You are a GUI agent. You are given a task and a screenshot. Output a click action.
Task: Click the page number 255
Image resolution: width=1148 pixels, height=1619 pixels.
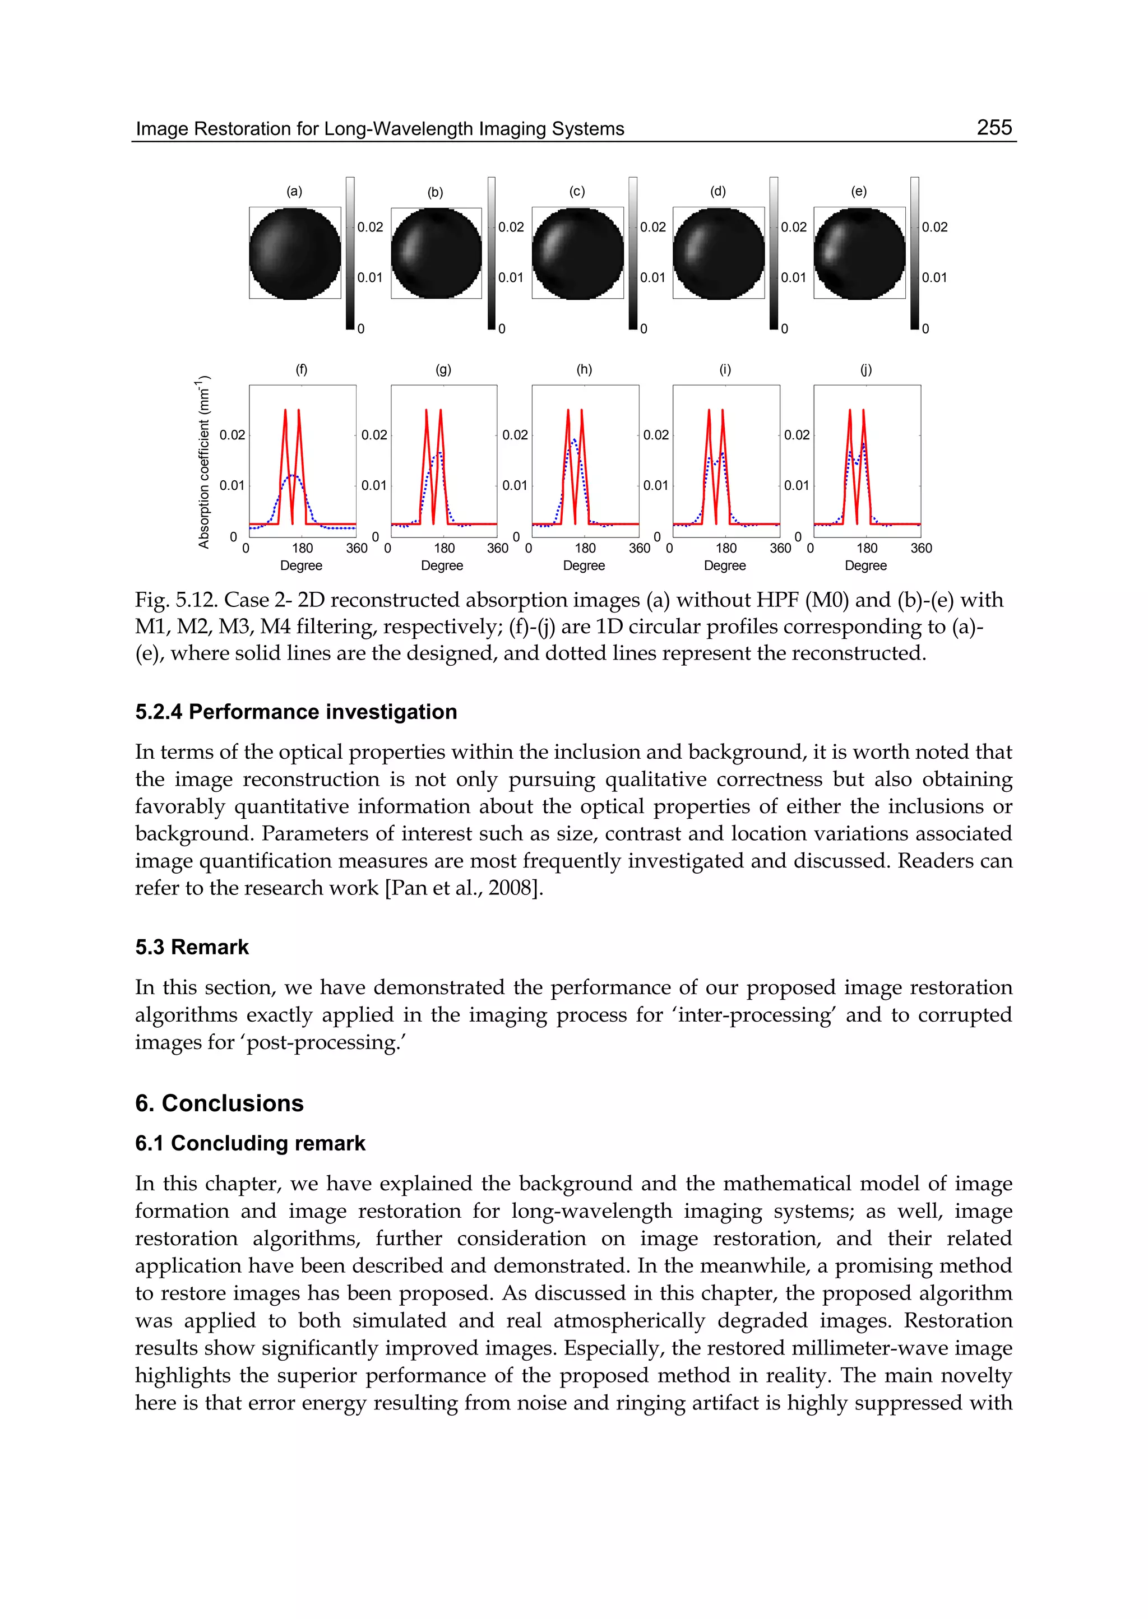coord(994,127)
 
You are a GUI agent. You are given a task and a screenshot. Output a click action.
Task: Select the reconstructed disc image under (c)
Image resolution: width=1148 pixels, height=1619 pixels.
coord(577,253)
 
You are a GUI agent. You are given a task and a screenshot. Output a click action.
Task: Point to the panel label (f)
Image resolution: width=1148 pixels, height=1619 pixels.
coord(302,370)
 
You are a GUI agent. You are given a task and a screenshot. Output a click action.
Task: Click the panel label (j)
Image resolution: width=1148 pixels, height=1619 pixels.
coord(866,370)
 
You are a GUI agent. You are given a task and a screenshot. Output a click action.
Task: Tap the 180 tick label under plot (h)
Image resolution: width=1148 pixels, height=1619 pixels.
coord(585,549)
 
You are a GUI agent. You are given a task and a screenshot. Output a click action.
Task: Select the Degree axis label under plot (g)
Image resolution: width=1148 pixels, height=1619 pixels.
coord(442,566)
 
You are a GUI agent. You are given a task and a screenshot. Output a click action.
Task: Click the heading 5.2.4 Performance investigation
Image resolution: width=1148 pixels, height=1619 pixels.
coord(296,712)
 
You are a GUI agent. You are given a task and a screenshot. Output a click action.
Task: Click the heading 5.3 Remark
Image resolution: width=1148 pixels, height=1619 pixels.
coord(192,947)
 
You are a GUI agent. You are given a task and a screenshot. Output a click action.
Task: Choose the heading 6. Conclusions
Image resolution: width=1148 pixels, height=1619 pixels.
coord(219,1103)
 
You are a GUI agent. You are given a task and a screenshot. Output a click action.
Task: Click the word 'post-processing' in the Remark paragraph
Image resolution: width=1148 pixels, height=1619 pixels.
coord(325,1042)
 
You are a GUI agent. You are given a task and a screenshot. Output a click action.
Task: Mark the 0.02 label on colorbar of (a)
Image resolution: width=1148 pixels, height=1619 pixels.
coord(370,228)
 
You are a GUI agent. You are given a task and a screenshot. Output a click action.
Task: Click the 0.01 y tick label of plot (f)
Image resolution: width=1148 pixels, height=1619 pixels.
coord(232,485)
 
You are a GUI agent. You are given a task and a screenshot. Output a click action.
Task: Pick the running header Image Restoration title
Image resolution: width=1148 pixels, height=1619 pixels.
coord(379,129)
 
